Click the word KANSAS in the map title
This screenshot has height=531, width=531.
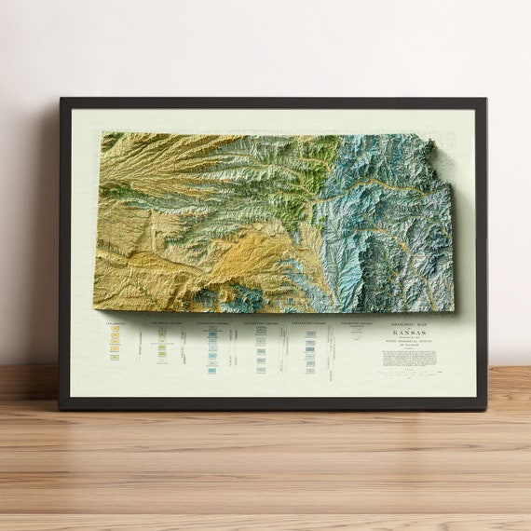tap(410, 334)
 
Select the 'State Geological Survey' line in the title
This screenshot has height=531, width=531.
tap(410, 344)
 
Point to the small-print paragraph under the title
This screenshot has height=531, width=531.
tap(410, 358)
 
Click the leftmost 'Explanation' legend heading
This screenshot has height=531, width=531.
tap(116, 325)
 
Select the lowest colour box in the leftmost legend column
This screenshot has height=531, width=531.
tap(116, 358)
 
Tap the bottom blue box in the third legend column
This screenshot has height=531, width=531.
tap(212, 371)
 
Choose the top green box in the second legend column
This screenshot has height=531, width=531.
tap(162, 329)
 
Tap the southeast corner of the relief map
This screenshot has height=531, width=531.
tap(454, 310)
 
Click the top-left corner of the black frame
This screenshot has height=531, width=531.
tap(61, 99)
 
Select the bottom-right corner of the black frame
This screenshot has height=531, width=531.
tap(485, 409)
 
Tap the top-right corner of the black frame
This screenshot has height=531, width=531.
tap(485, 99)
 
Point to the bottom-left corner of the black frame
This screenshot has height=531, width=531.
tap(61, 409)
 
